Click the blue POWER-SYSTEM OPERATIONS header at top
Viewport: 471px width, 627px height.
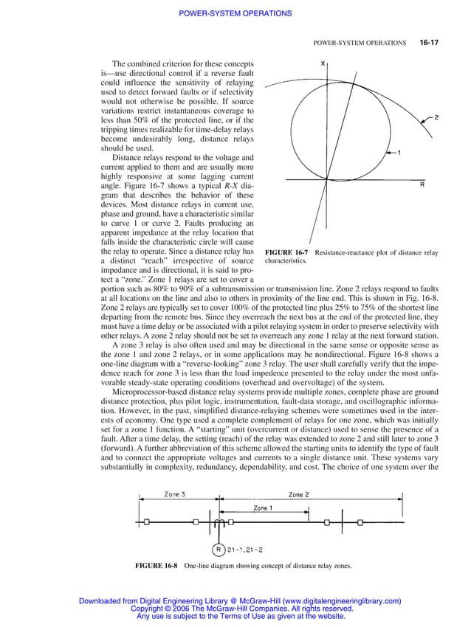235,13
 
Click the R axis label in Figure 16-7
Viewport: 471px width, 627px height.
422,185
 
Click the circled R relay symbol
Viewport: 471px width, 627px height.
219,549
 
